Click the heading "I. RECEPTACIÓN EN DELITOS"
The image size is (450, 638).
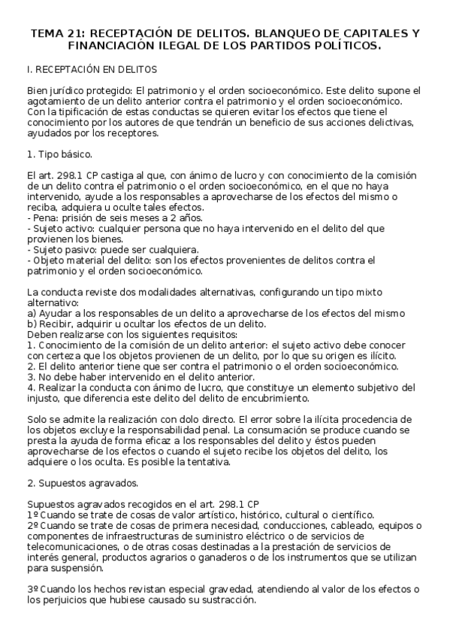pos(91,70)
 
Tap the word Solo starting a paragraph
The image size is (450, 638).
pos(38,418)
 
